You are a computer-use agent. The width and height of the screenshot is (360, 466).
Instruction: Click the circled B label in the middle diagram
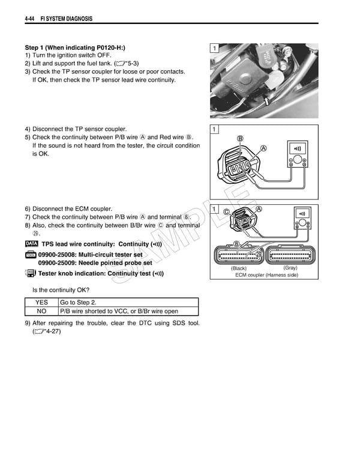241,139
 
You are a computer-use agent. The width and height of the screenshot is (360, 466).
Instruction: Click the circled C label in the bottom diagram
226,212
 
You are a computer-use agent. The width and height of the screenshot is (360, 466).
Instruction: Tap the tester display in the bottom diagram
303,214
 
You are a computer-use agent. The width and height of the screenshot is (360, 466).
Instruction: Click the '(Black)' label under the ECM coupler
239,268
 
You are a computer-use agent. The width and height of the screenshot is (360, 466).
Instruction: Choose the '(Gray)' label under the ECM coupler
290,268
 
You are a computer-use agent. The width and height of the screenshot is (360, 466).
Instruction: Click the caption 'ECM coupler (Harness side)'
266,275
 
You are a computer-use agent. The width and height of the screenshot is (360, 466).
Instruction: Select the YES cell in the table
41,303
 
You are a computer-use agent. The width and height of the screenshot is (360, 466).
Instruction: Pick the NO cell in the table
41,312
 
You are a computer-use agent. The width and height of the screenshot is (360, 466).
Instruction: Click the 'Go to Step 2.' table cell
78,303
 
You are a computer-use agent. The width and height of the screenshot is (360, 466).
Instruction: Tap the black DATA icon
31,244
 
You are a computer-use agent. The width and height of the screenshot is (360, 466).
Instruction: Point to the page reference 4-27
48,331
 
